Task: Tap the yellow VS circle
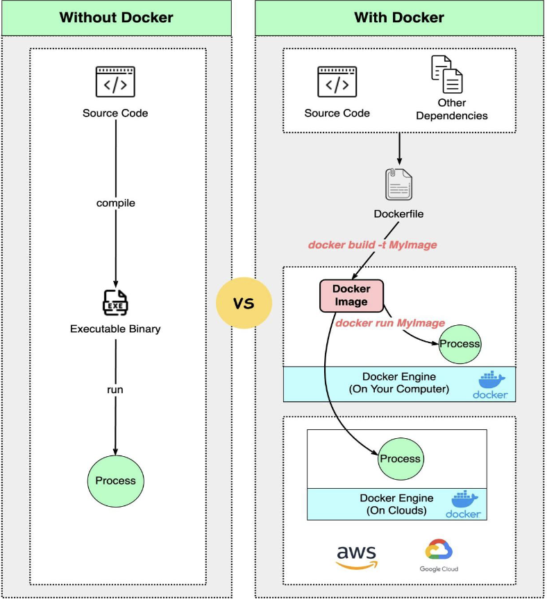[x=244, y=304]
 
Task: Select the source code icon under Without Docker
[x=115, y=82]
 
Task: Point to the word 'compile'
[x=115, y=203]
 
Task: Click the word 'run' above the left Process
[x=115, y=390]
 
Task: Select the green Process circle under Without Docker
[x=115, y=480]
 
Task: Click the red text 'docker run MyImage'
[x=390, y=323]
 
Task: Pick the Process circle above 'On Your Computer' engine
[x=460, y=343]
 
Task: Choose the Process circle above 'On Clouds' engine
[x=400, y=458]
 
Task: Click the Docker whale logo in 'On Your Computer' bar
[x=491, y=385]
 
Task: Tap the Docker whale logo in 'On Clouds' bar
[x=463, y=504]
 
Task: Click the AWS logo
[x=356, y=556]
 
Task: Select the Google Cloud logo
[x=439, y=555]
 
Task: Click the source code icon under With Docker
[x=337, y=82]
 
